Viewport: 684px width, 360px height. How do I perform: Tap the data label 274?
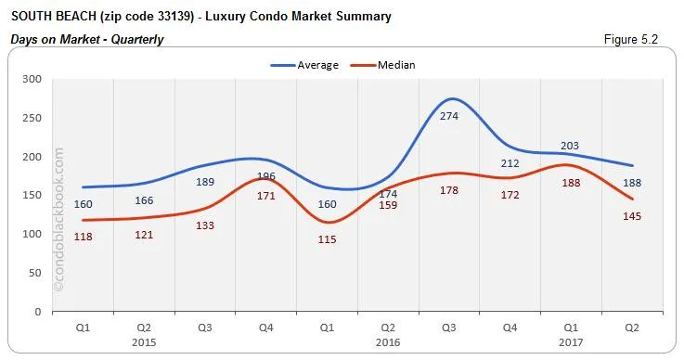click(450, 116)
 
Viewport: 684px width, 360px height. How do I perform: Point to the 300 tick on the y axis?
click(32, 79)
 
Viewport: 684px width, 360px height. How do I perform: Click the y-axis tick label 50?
click(36, 273)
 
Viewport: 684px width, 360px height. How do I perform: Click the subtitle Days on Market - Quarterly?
click(87, 39)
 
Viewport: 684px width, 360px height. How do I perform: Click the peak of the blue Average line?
click(450, 98)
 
